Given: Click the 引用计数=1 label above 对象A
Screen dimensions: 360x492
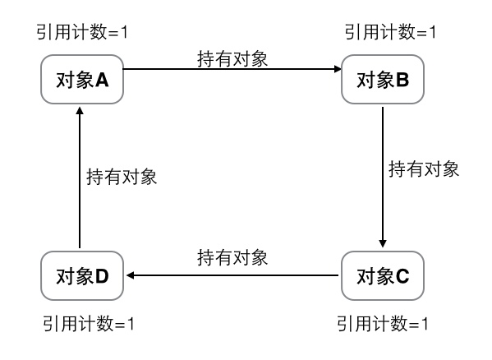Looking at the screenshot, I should tap(80, 32).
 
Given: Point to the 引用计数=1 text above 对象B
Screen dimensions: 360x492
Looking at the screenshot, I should tap(389, 32).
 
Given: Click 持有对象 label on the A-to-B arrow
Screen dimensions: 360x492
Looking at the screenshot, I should tap(232, 58).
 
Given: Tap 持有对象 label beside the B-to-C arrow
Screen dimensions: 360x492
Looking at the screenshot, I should tap(423, 170).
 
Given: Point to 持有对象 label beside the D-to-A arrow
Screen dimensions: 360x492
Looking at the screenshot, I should tap(122, 176).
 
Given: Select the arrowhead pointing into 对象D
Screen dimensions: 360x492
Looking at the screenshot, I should tap(127, 276).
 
